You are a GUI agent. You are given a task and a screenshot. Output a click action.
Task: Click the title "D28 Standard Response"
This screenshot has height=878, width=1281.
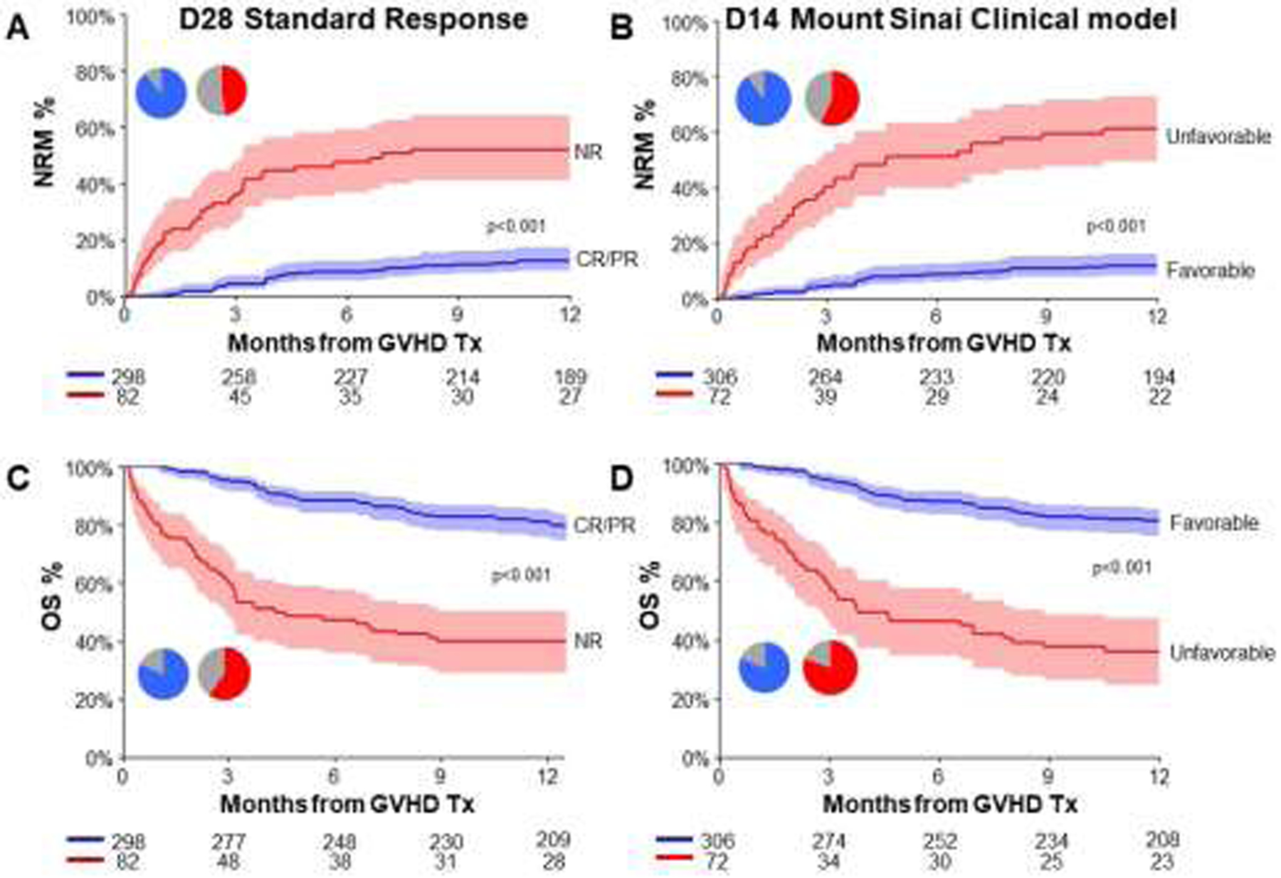(353, 19)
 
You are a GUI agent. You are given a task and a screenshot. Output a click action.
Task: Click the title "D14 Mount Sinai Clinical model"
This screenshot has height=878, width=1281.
(950, 19)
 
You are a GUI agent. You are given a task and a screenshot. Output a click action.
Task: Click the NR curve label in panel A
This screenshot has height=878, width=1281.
(589, 152)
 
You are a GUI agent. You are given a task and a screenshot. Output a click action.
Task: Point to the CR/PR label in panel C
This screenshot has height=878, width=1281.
(604, 526)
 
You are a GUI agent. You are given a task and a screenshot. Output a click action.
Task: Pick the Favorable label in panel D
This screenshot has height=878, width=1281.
(1214, 523)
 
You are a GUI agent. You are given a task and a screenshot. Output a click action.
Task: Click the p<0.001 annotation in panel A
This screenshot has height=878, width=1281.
(515, 226)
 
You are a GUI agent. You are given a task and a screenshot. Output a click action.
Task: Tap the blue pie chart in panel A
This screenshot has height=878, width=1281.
(162, 92)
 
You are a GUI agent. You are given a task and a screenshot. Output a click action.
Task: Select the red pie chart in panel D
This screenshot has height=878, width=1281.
(830, 667)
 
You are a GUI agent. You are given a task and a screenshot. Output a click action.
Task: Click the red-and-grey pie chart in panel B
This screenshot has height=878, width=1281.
(832, 98)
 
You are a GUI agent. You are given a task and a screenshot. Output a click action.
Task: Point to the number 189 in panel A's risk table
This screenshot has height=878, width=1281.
(570, 376)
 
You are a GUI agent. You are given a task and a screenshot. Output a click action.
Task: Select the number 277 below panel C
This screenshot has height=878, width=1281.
(228, 842)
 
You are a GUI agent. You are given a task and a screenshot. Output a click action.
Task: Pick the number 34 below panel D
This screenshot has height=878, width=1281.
(828, 862)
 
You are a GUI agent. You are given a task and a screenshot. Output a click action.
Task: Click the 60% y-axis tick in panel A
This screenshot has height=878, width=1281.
(100, 128)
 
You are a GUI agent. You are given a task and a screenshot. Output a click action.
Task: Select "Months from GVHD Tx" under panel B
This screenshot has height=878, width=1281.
(944, 343)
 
